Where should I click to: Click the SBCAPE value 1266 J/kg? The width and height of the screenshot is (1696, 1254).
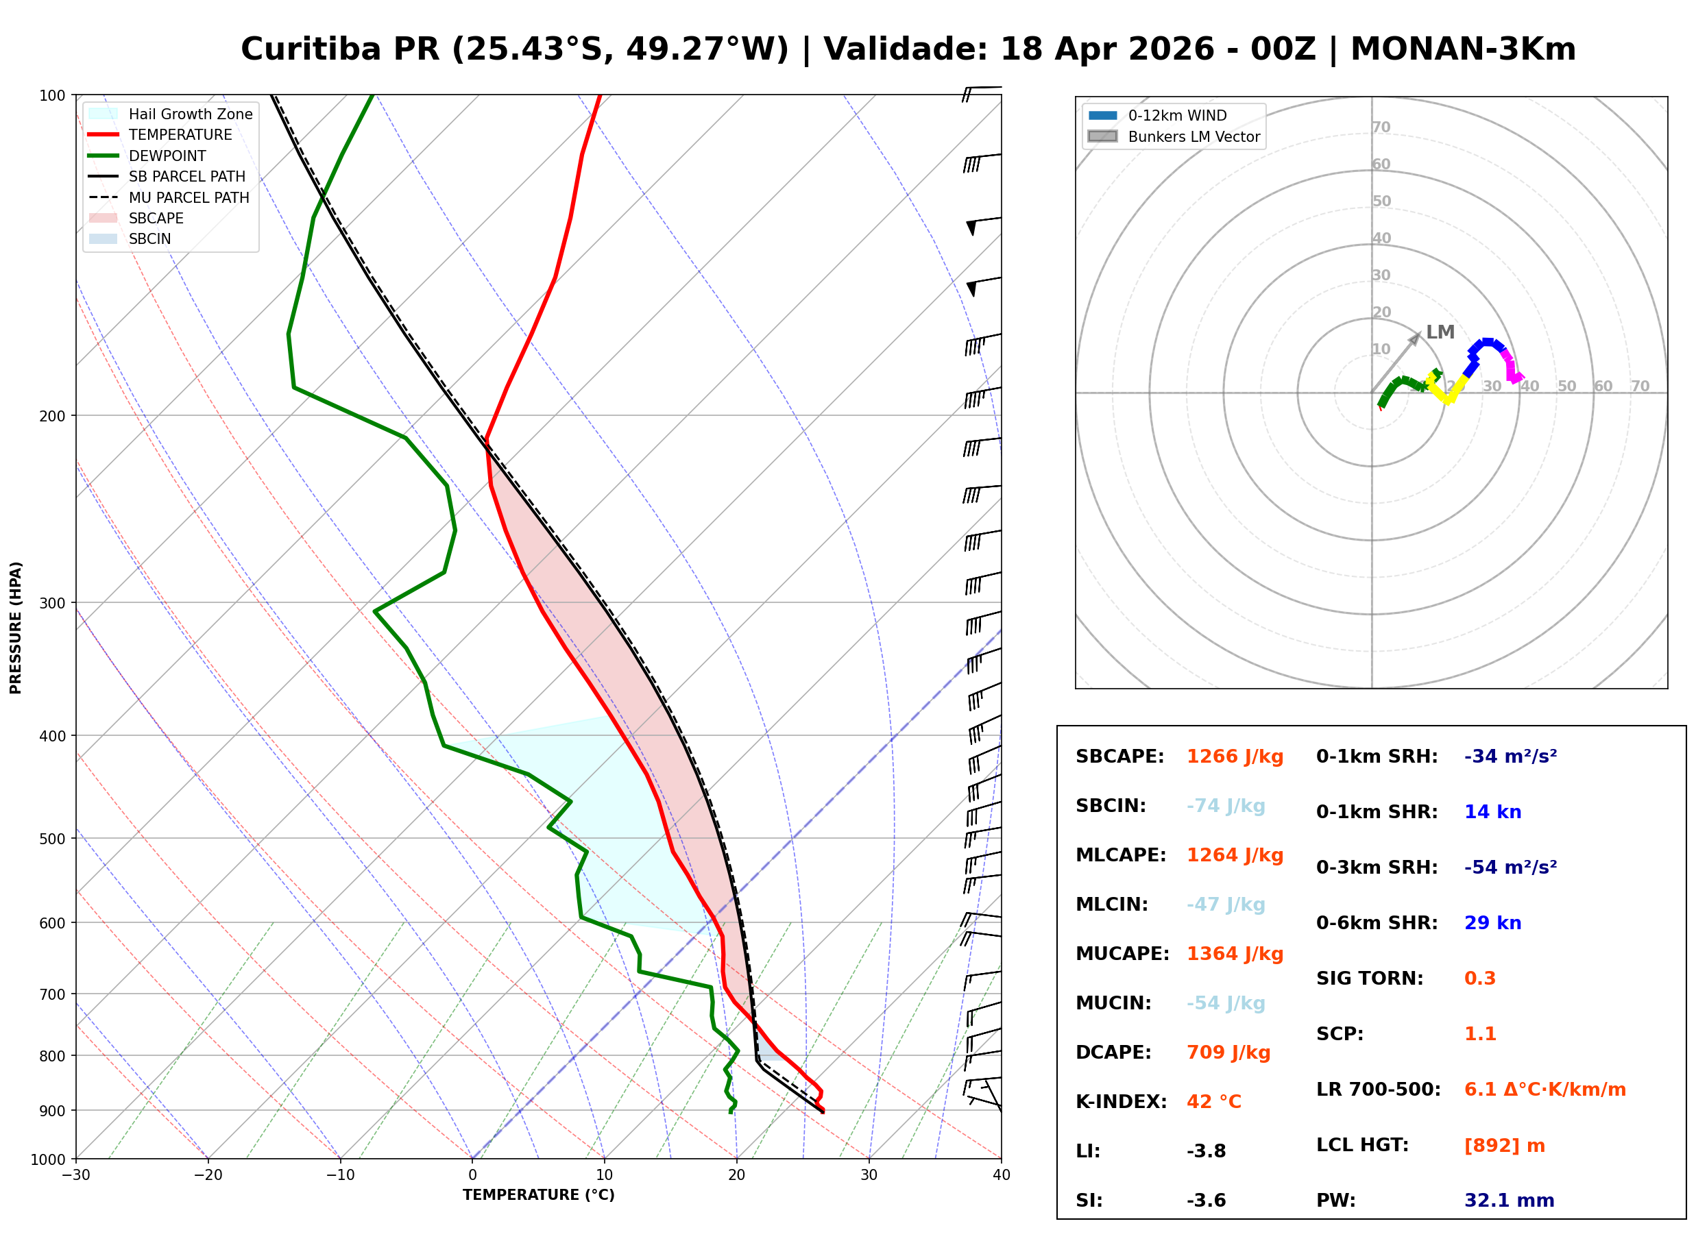(x=1235, y=757)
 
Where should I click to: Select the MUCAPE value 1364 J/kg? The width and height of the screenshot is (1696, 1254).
(x=1235, y=954)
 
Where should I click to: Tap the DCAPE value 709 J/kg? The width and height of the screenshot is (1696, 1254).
(x=1228, y=1053)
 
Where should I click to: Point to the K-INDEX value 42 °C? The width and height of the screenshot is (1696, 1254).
(x=1214, y=1102)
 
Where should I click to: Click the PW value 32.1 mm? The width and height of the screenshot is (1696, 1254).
(x=1510, y=1201)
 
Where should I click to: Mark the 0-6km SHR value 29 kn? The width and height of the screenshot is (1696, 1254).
(x=1492, y=923)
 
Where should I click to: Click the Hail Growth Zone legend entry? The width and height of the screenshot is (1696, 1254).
(x=171, y=114)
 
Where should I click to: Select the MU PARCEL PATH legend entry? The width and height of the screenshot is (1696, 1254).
(x=169, y=197)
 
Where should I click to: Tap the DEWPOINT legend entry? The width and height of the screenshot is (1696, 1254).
(x=147, y=156)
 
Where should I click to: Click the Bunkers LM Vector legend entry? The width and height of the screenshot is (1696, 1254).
(x=1174, y=136)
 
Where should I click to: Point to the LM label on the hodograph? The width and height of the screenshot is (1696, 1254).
(x=1440, y=332)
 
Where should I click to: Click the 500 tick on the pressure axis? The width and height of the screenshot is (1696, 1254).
(x=52, y=839)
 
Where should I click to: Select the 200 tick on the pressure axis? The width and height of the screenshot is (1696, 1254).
(x=52, y=416)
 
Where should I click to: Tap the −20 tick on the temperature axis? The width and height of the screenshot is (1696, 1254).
(x=208, y=1176)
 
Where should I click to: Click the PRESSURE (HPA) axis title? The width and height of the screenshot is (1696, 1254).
(x=16, y=628)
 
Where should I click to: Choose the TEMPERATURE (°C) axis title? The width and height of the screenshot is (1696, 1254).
(x=539, y=1196)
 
